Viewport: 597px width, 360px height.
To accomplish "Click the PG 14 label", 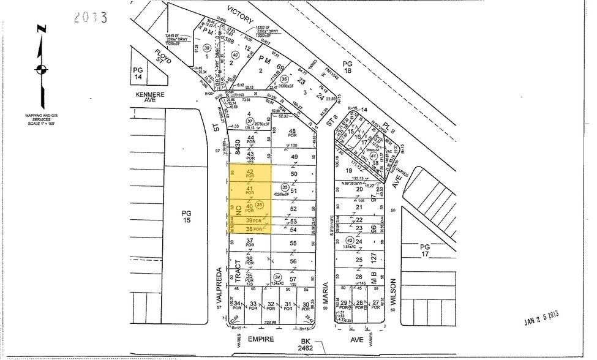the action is click(x=138, y=74).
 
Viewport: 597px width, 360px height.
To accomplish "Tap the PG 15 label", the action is click(x=187, y=217).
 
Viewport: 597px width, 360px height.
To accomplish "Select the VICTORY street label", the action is click(x=239, y=15).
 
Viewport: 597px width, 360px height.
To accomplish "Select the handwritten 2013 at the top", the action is click(x=91, y=17).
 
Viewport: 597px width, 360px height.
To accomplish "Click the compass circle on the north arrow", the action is click(x=40, y=68).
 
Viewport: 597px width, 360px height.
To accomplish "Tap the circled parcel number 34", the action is click(x=278, y=277).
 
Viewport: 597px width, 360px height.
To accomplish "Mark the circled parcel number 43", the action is click(x=350, y=239).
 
